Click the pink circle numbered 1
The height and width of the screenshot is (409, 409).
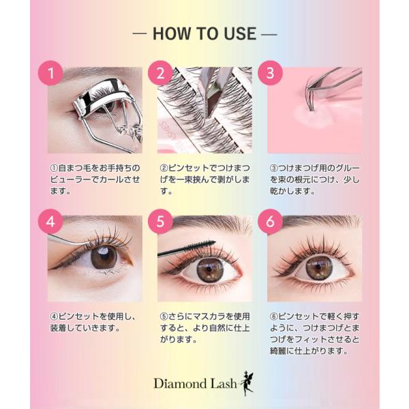(50, 73)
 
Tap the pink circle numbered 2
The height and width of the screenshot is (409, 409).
(160, 73)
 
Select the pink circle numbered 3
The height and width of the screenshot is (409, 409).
(270, 73)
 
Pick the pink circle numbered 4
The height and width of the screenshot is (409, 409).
(50, 222)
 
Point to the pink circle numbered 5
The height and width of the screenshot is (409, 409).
(160, 222)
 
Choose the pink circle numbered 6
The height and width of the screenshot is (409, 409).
(270, 222)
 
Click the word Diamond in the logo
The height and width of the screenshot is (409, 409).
(180, 384)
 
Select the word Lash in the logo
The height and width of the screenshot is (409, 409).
(224, 384)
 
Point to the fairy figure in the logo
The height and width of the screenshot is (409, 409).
(247, 383)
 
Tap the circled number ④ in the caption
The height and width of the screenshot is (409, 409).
(54, 317)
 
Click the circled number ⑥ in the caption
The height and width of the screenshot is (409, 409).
(273, 317)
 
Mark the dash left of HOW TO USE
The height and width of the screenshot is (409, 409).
(140, 34)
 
